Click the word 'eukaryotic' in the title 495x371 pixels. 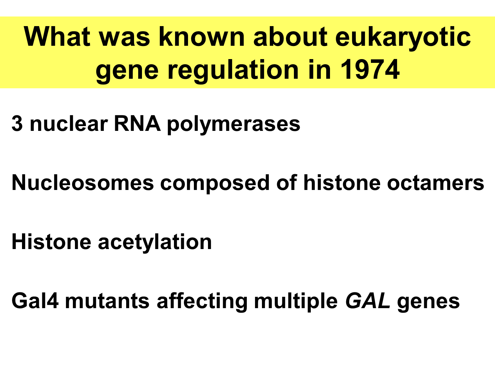[x=403, y=37]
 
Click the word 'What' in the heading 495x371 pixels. [x=57, y=37]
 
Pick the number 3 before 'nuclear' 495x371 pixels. [x=17, y=124]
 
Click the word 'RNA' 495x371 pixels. [x=137, y=124]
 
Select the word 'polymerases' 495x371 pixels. [x=233, y=124]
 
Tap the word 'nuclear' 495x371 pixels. [x=69, y=124]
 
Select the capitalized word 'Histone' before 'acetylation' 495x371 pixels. [x=51, y=242]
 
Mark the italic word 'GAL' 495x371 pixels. [x=367, y=301]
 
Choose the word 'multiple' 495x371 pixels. [x=296, y=302]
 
